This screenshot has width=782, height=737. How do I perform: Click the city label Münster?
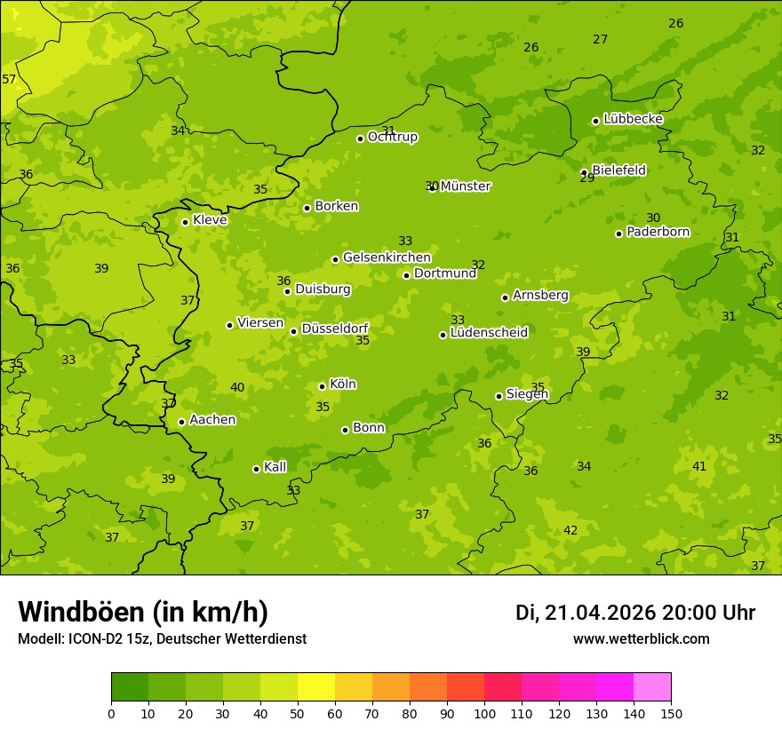point(466,186)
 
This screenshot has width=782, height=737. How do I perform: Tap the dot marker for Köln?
point(322,386)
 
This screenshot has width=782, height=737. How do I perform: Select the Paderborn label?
point(658,233)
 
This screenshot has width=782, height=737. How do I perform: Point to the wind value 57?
point(9,80)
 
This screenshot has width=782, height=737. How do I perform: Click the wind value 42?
point(571,531)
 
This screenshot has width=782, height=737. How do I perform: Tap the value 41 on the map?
point(699,467)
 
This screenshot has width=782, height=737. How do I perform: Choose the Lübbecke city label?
point(633,119)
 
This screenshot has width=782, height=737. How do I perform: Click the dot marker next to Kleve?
point(185,222)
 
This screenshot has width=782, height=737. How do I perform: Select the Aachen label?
point(212,420)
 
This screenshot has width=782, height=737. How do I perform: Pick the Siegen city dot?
point(499,397)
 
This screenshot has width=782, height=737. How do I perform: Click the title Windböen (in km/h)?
point(143,612)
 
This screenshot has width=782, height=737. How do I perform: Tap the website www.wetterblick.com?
point(641,639)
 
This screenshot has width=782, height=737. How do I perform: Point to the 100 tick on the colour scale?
point(484,712)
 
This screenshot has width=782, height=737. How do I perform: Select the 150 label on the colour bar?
point(671,712)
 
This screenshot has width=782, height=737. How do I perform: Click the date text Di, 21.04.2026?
point(586,613)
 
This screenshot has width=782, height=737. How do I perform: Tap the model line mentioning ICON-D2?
point(162,639)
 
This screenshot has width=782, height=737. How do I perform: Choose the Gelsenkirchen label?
point(387,258)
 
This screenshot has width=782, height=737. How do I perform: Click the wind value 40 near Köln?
point(237,388)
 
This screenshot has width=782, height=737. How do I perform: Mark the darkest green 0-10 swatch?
point(130,686)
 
